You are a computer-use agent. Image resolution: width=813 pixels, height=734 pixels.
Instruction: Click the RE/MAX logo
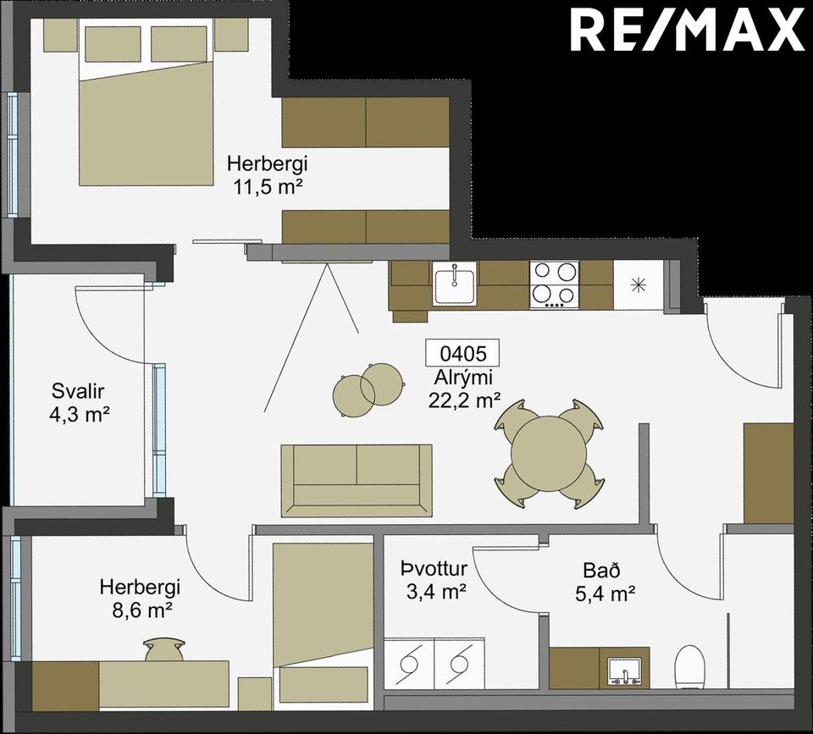[x=688, y=31]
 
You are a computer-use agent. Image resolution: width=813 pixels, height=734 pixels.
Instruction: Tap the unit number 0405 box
[x=462, y=353]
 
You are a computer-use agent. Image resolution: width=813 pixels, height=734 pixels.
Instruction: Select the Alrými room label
[x=463, y=378]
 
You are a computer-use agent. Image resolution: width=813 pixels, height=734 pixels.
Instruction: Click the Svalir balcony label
[x=78, y=391]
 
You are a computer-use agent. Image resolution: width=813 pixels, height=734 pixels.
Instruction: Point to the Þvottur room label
[x=434, y=569]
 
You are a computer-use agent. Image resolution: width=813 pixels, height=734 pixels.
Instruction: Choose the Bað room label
[x=601, y=571]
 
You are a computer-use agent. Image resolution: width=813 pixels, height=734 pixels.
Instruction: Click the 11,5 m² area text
[x=268, y=186]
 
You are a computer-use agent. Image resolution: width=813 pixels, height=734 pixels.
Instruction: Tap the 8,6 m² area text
[x=142, y=610]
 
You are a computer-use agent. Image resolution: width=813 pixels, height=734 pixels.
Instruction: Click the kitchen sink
[x=455, y=283]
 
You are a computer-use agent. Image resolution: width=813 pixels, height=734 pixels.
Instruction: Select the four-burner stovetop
[x=554, y=284]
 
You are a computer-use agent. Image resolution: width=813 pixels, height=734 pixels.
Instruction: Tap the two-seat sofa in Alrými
[x=357, y=481]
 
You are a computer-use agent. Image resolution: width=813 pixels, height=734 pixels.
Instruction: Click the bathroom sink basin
[x=625, y=671]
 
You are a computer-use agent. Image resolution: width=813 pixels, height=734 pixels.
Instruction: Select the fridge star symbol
[x=639, y=285]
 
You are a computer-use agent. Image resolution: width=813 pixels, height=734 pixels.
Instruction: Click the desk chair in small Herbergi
[x=164, y=649]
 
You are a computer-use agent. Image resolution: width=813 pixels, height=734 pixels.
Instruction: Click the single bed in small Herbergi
[x=324, y=626]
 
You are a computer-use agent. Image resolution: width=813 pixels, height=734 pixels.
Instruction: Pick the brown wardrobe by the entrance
[x=768, y=473]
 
